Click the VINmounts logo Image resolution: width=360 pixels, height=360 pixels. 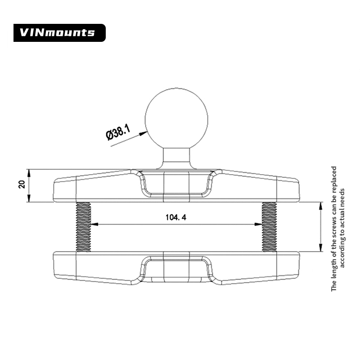click(x=59, y=32)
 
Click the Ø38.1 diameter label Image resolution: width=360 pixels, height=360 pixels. click(x=118, y=134)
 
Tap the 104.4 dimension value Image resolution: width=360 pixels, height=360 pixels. click(x=176, y=218)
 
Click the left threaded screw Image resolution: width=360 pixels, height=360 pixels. click(x=83, y=226)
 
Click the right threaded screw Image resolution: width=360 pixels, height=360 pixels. click(x=269, y=226)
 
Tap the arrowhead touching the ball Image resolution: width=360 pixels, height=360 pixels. click(x=144, y=133)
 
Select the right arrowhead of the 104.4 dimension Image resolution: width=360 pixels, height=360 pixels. click(x=259, y=225)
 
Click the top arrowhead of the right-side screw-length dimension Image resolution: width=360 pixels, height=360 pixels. click(x=320, y=205)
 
